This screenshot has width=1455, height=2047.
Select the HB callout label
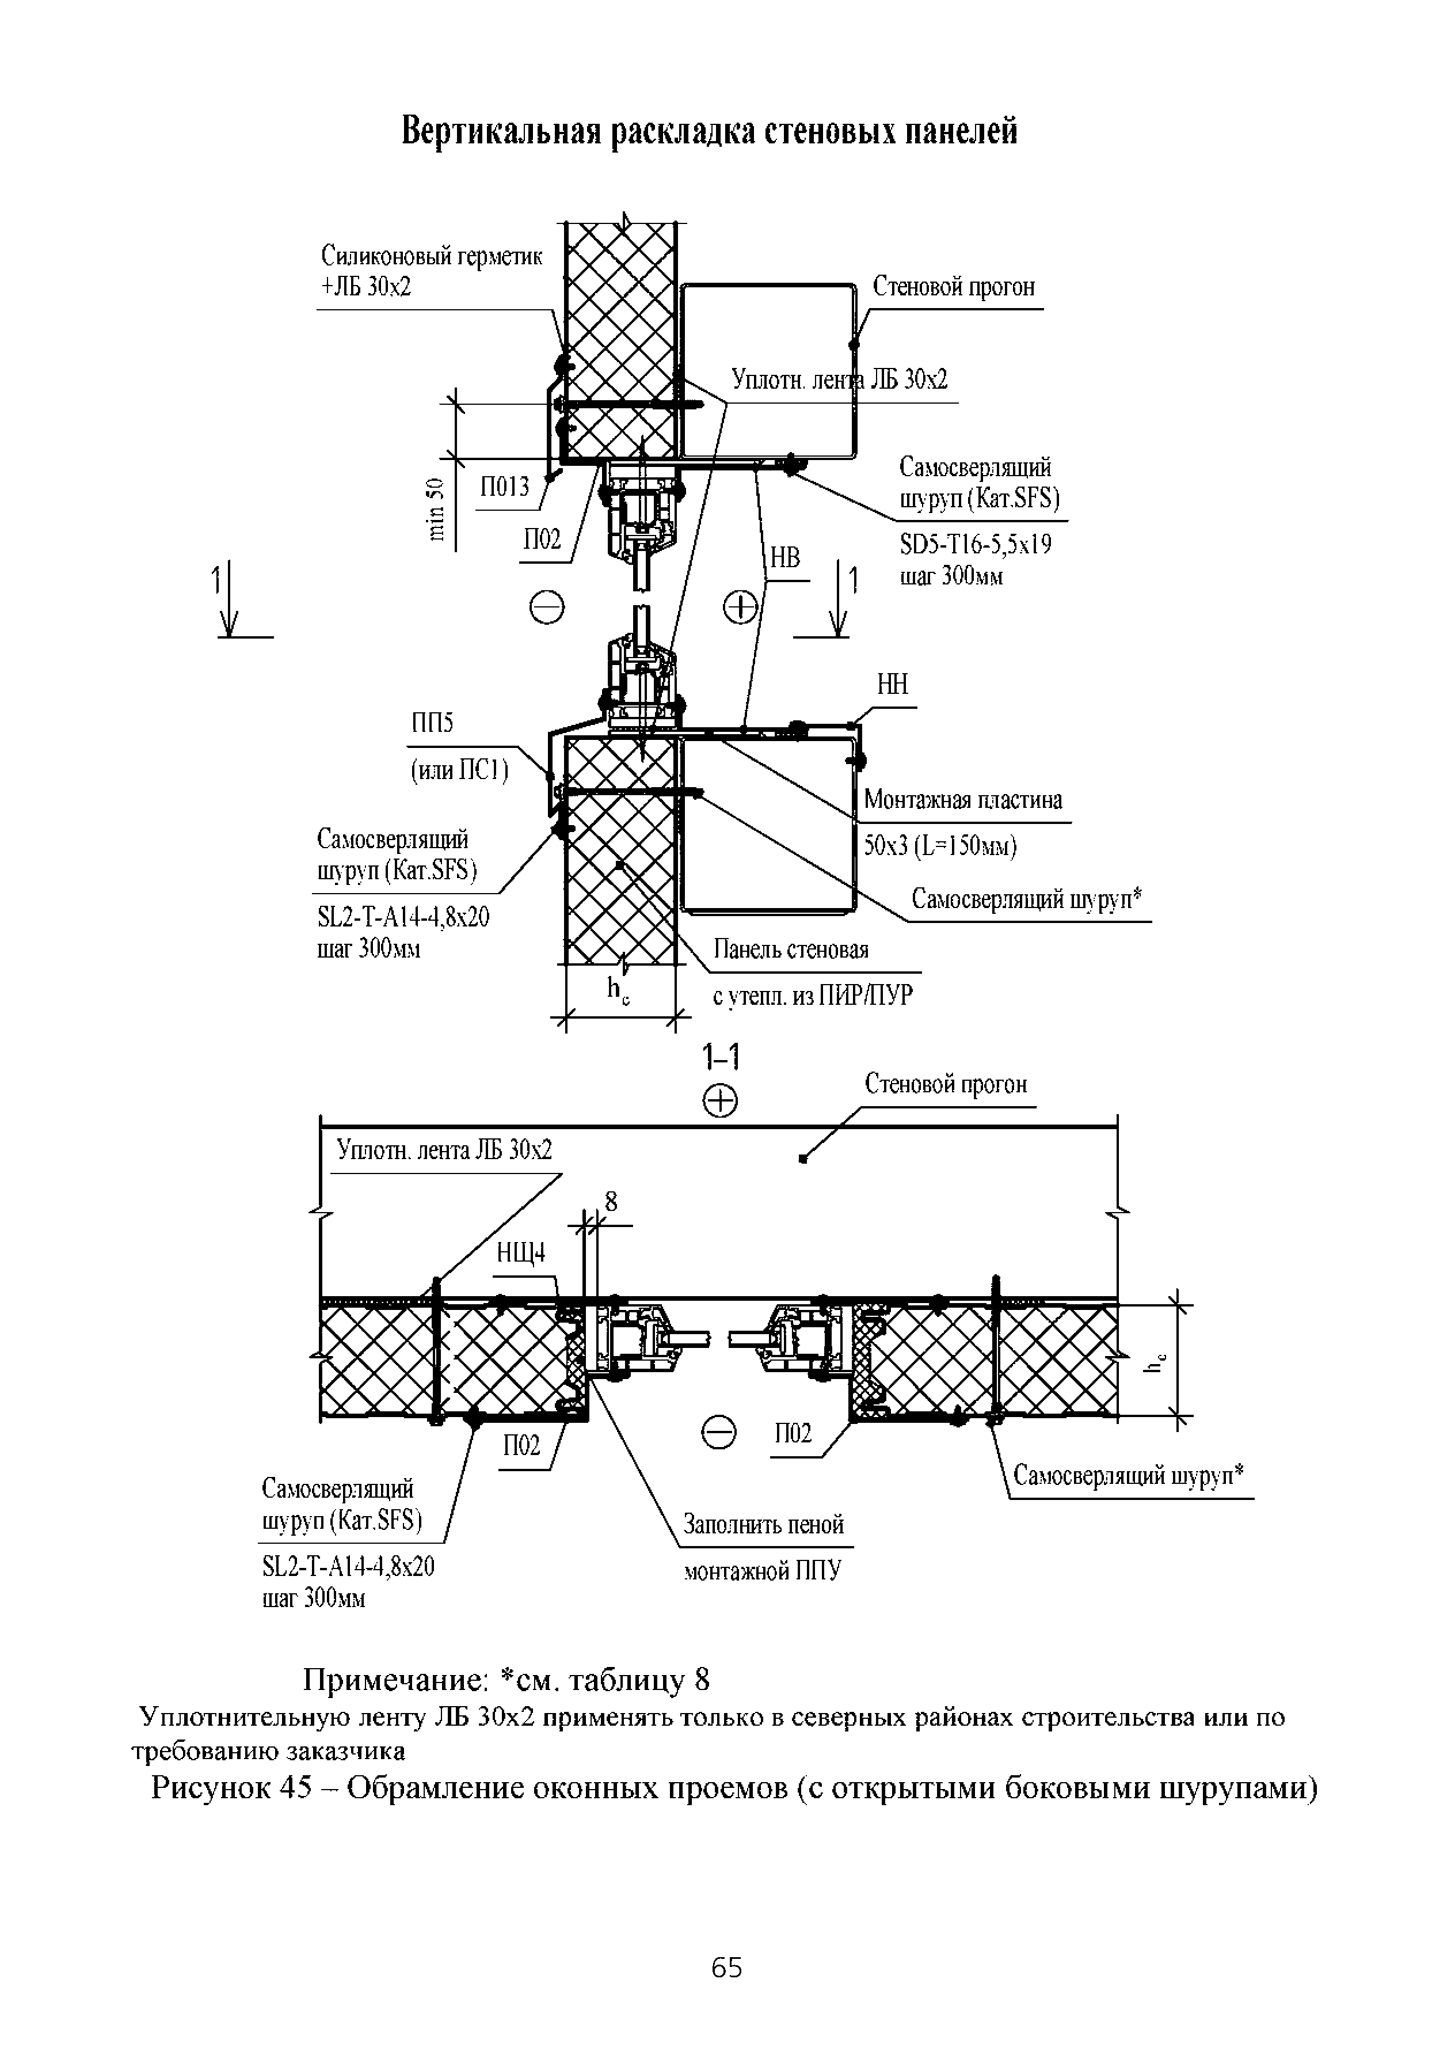(x=785, y=559)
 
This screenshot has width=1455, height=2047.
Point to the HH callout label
(x=892, y=685)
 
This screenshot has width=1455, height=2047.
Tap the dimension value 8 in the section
(x=611, y=1203)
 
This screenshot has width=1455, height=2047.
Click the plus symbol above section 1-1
(x=721, y=1102)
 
